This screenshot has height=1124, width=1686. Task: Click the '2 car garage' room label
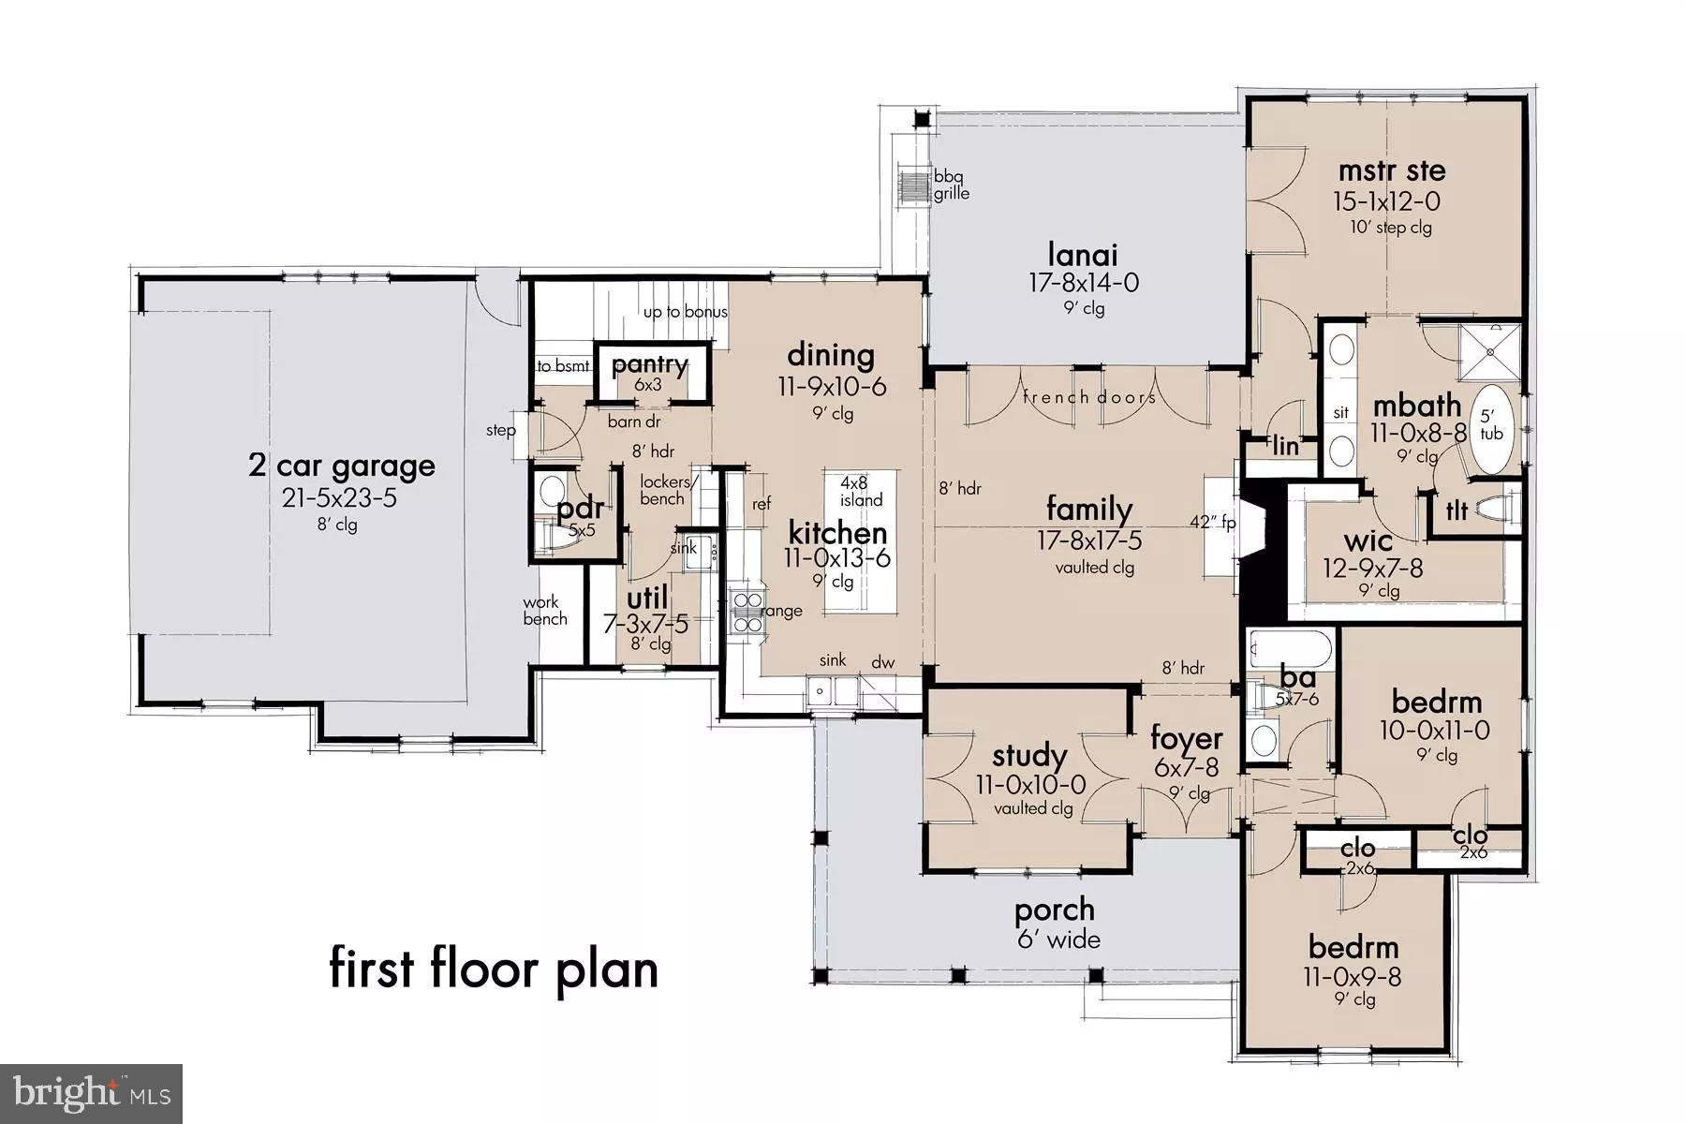point(341,466)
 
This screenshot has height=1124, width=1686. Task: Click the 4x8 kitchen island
point(860,543)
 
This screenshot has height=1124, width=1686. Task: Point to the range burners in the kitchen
point(747,611)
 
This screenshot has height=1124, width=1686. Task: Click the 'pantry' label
point(649,364)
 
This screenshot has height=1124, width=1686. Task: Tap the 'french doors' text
point(1088,397)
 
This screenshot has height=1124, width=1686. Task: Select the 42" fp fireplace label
point(1213,523)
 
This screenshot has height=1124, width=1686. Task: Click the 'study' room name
point(1029,755)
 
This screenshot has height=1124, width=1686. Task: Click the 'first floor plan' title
point(494,969)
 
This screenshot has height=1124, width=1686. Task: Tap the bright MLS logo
point(91,1093)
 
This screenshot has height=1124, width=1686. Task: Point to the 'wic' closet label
point(1368,540)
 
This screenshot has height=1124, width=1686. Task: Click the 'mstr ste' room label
point(1391,171)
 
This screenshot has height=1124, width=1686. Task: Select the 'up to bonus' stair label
point(685,312)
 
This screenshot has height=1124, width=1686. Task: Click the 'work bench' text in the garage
point(545,610)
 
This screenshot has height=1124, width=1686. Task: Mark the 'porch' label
point(1054,910)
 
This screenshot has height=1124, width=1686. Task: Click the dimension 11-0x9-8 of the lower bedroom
point(1353,976)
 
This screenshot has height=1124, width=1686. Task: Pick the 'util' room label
point(647,598)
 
